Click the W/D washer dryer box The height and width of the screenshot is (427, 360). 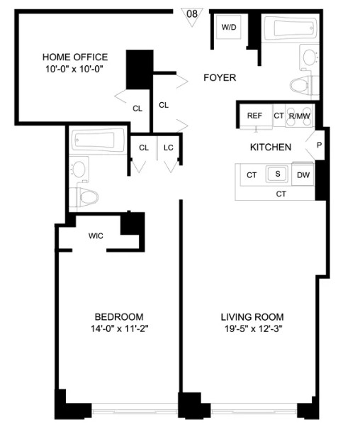pyautogui.click(x=229, y=27)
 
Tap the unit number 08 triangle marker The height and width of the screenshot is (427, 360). pyautogui.click(x=192, y=16)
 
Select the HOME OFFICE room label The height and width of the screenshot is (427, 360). pyautogui.click(x=75, y=57)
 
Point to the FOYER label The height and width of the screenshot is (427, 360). pyautogui.click(x=220, y=77)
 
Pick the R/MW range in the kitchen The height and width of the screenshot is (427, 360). pyautogui.click(x=300, y=116)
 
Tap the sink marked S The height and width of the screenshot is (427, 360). pyautogui.click(x=278, y=174)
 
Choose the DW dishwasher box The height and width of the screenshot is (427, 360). pyautogui.click(x=303, y=174)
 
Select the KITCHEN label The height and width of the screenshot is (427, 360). pyautogui.click(x=271, y=148)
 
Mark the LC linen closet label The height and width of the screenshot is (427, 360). pyautogui.click(x=169, y=148)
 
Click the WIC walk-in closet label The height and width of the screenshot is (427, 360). pyautogui.click(x=96, y=235)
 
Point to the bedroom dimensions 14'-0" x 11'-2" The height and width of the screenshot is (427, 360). pyautogui.click(x=119, y=329)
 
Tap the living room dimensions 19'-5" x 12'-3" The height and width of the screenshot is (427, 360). pyautogui.click(x=253, y=329)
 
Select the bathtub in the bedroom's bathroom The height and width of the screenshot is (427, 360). pyautogui.click(x=98, y=140)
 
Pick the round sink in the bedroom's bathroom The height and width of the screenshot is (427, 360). pyautogui.click(x=79, y=169)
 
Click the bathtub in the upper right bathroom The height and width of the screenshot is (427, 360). pyautogui.click(x=291, y=28)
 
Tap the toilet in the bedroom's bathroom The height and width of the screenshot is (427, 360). pyautogui.click(x=84, y=197)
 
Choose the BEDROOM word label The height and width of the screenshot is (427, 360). pyautogui.click(x=119, y=317)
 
